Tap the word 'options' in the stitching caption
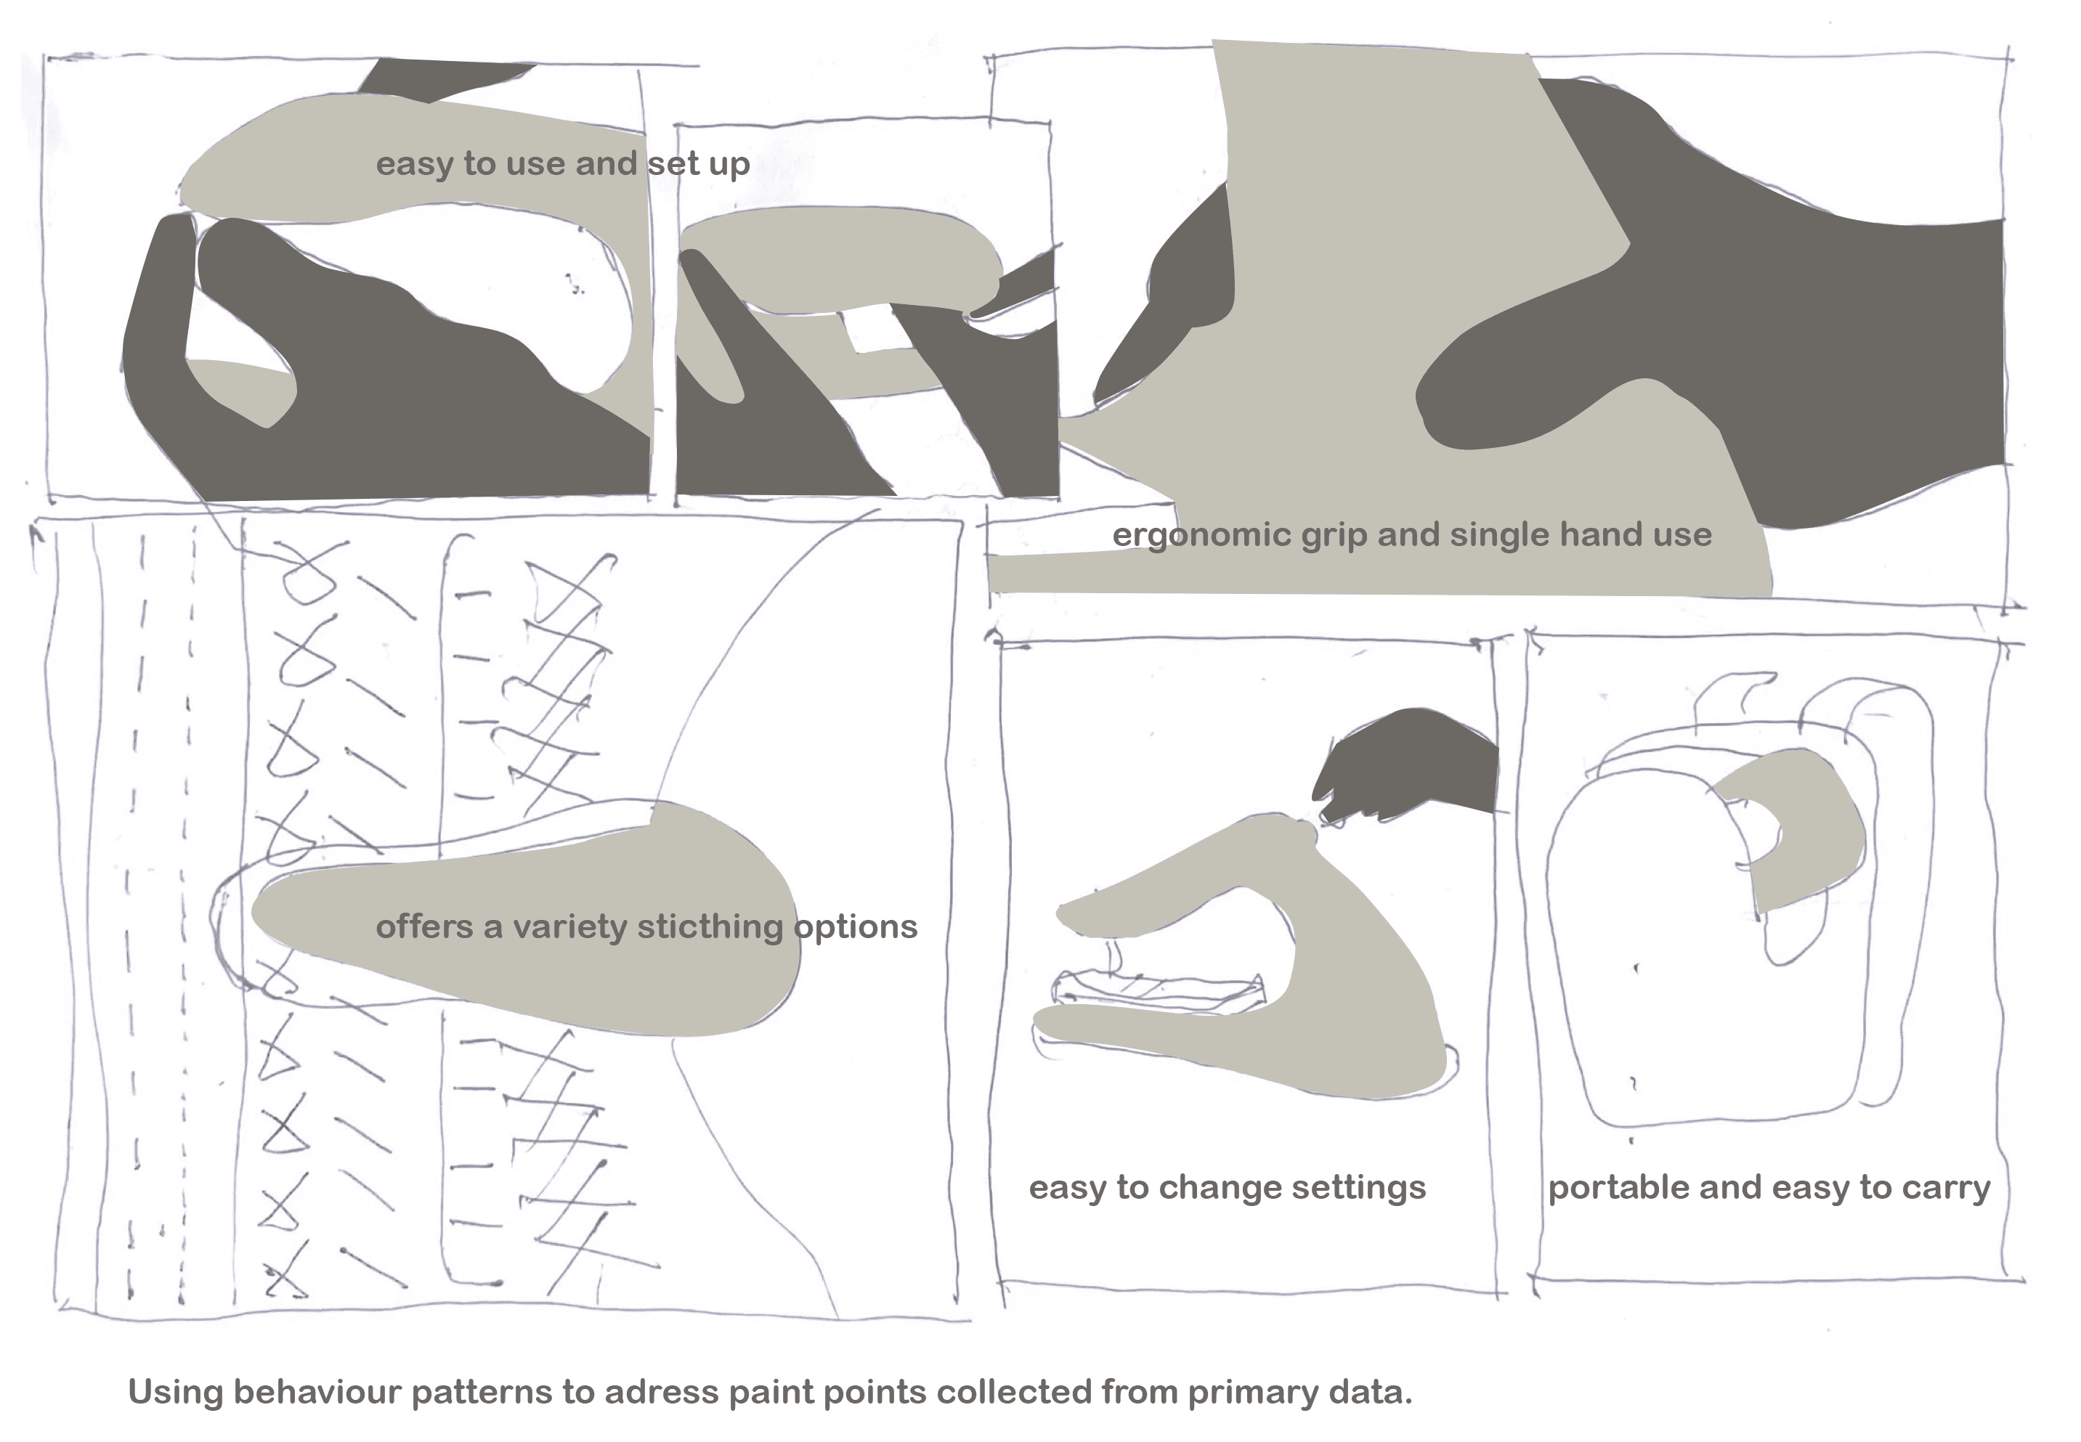855,927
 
